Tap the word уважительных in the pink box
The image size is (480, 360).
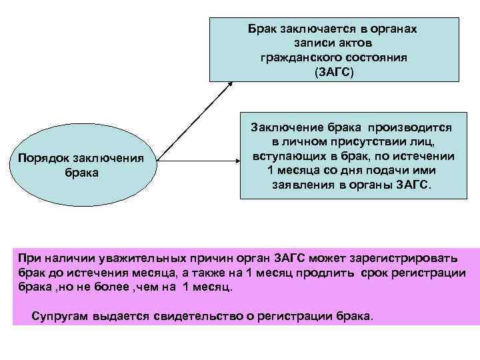(138, 258)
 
